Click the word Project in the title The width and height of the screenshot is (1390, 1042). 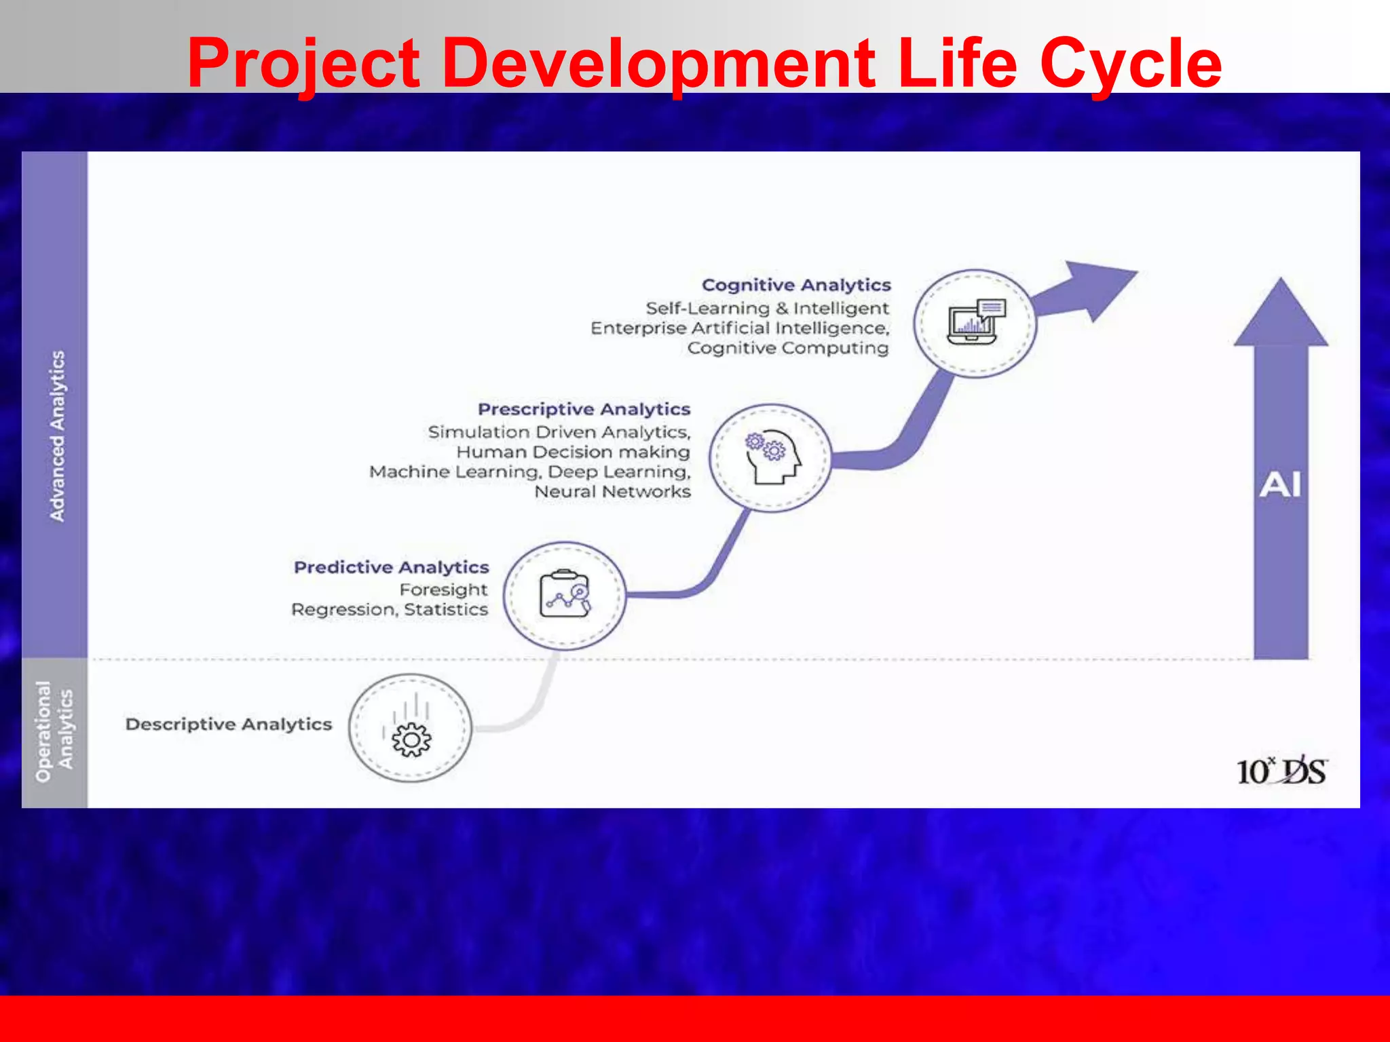coord(303,64)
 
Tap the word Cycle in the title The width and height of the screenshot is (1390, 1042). coord(1131,64)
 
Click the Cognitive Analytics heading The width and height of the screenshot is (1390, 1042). coord(795,285)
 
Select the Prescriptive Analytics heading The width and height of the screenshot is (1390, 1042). coord(584,409)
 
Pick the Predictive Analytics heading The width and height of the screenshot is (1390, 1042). coord(391,567)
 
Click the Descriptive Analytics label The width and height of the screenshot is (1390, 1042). coord(229,725)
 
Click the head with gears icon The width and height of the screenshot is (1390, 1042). coord(772,458)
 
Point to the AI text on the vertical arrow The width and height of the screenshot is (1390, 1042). coord(1280,486)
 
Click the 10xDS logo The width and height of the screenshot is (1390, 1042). coord(1281,772)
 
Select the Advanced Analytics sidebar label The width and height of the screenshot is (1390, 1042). coord(58,436)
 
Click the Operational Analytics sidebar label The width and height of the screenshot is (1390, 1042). coord(54,731)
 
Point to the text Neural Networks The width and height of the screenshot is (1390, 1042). coord(612,492)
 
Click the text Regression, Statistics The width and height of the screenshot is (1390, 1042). coord(390,610)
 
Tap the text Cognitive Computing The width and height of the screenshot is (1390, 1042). coord(787,348)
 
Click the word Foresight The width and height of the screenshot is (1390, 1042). coord(443,590)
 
